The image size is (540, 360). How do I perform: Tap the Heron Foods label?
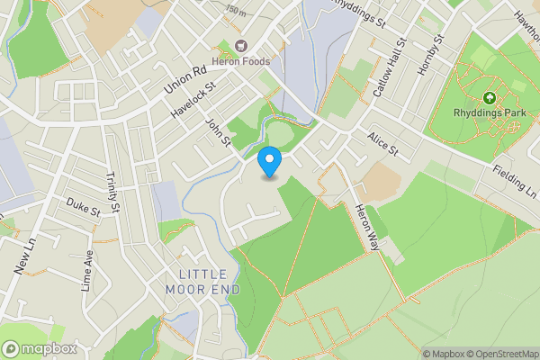240,60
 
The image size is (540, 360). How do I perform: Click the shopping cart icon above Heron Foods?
240,45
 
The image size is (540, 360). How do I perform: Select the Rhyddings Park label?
489,112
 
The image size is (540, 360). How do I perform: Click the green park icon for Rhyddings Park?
489,97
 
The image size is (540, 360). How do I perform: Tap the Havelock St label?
193,102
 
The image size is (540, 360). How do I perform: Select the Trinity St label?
112,192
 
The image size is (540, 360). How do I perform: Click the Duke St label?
83,208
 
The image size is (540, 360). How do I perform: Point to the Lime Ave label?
88,271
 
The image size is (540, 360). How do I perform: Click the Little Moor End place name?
203,282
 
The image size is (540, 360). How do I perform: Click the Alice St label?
382,148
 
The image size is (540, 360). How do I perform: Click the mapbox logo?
40,348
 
